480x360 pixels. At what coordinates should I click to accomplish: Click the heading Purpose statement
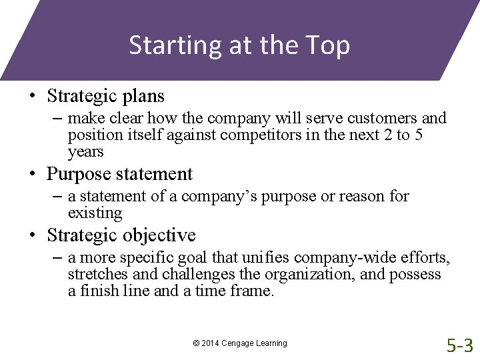(119, 174)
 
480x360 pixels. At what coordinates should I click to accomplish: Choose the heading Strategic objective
(121, 235)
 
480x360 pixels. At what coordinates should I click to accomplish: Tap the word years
(86, 152)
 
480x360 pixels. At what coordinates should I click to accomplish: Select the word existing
(95, 213)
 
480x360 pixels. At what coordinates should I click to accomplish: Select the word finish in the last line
(101, 291)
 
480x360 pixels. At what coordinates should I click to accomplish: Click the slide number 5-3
(459, 345)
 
